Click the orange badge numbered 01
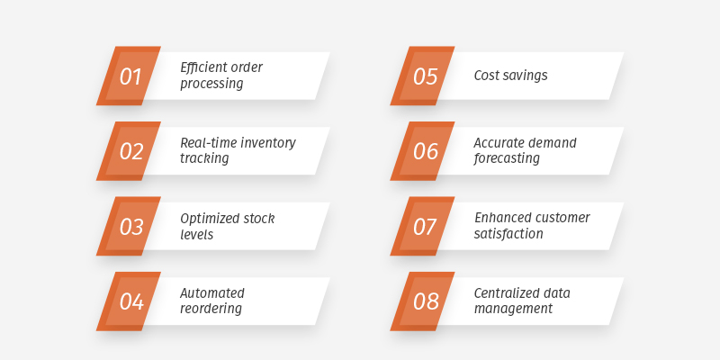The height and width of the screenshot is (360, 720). tap(130, 76)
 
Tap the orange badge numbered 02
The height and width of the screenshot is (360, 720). tap(130, 151)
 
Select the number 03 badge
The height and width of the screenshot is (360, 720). tap(130, 227)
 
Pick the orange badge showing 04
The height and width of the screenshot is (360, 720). tap(130, 301)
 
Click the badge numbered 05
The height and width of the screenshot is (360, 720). tap(425, 76)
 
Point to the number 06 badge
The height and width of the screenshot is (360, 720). tap(425, 151)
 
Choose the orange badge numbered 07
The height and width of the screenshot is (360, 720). tap(425, 227)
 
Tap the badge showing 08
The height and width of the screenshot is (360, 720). tap(425, 301)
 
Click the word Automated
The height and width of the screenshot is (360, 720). tap(212, 292)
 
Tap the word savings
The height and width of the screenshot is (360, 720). tap(527, 76)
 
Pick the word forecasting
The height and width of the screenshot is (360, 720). tap(507, 158)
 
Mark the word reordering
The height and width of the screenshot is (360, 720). tap(211, 309)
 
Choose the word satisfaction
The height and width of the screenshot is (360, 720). tap(508, 234)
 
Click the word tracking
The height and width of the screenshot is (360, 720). tap(204, 158)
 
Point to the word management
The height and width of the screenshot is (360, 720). tap(513, 309)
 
